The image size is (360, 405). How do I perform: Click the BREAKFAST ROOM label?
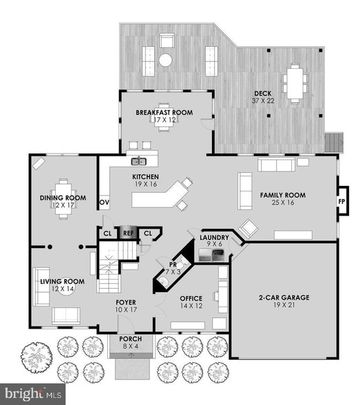(x=164, y=116)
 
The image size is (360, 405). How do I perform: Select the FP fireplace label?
(x=341, y=202)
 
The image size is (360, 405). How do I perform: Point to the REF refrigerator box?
(x=128, y=233)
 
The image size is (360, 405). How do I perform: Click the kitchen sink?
(x=140, y=161)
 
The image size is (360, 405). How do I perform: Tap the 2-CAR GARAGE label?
(x=284, y=302)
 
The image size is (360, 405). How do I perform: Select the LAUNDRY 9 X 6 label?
(x=214, y=240)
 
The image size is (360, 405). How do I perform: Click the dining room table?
(x=63, y=198)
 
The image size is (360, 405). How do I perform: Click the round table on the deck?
(x=165, y=60)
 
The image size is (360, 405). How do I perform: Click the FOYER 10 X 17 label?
(x=125, y=307)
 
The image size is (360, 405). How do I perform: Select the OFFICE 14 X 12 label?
(x=192, y=302)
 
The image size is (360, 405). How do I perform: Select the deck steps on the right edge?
(x=335, y=142)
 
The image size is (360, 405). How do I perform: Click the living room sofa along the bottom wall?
(x=66, y=315)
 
